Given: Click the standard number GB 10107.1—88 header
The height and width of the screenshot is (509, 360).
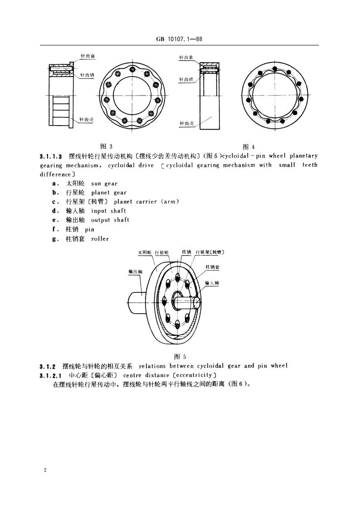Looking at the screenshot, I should [x=180, y=39].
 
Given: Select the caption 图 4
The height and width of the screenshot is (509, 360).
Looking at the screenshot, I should [x=249, y=146].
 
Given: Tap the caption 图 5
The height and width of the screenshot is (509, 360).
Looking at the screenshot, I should [x=180, y=356].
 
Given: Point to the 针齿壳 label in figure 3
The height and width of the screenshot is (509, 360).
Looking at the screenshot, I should [x=86, y=120].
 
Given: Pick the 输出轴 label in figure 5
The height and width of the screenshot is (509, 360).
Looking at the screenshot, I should [x=136, y=271].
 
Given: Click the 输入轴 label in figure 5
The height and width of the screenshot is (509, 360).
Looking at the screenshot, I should [x=212, y=282].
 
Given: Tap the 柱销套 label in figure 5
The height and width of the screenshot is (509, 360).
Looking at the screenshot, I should [x=212, y=267].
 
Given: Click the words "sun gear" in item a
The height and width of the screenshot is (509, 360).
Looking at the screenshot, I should [x=104, y=184].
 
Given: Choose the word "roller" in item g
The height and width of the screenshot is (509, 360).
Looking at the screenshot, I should [x=100, y=238].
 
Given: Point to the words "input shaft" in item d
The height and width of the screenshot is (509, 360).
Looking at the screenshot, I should [x=108, y=211].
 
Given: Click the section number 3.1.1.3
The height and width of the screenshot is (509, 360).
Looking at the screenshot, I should [x=51, y=156].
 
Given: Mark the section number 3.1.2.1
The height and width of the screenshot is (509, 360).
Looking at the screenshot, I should [x=51, y=375].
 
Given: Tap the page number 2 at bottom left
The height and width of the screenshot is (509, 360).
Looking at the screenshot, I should [x=45, y=470].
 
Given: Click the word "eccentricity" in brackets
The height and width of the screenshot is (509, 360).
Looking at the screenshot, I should [x=194, y=375].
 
